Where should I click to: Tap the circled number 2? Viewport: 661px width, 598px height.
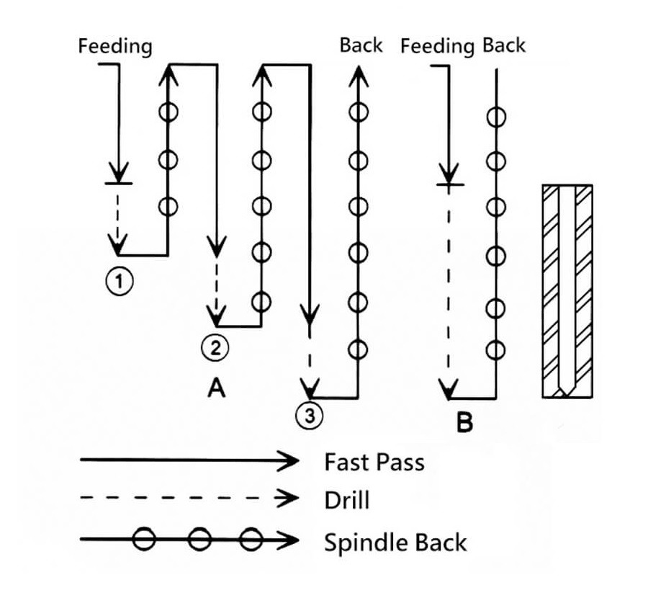tap(215, 349)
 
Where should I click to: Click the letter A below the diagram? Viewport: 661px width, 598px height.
tap(217, 389)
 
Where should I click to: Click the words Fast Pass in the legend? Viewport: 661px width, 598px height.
tap(374, 461)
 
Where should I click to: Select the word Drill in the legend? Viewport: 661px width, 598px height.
tap(346, 499)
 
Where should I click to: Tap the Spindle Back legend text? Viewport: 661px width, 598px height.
tap(395, 541)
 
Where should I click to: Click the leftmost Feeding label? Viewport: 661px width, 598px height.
tap(115, 48)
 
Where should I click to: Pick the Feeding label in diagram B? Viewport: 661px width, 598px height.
tap(437, 48)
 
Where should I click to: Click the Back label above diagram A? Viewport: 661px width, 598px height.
tap(361, 45)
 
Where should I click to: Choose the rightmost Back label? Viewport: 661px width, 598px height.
tap(504, 46)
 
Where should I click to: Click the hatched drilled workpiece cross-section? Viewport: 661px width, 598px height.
tap(567, 290)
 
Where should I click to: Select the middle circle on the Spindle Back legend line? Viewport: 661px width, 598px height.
tap(199, 539)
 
